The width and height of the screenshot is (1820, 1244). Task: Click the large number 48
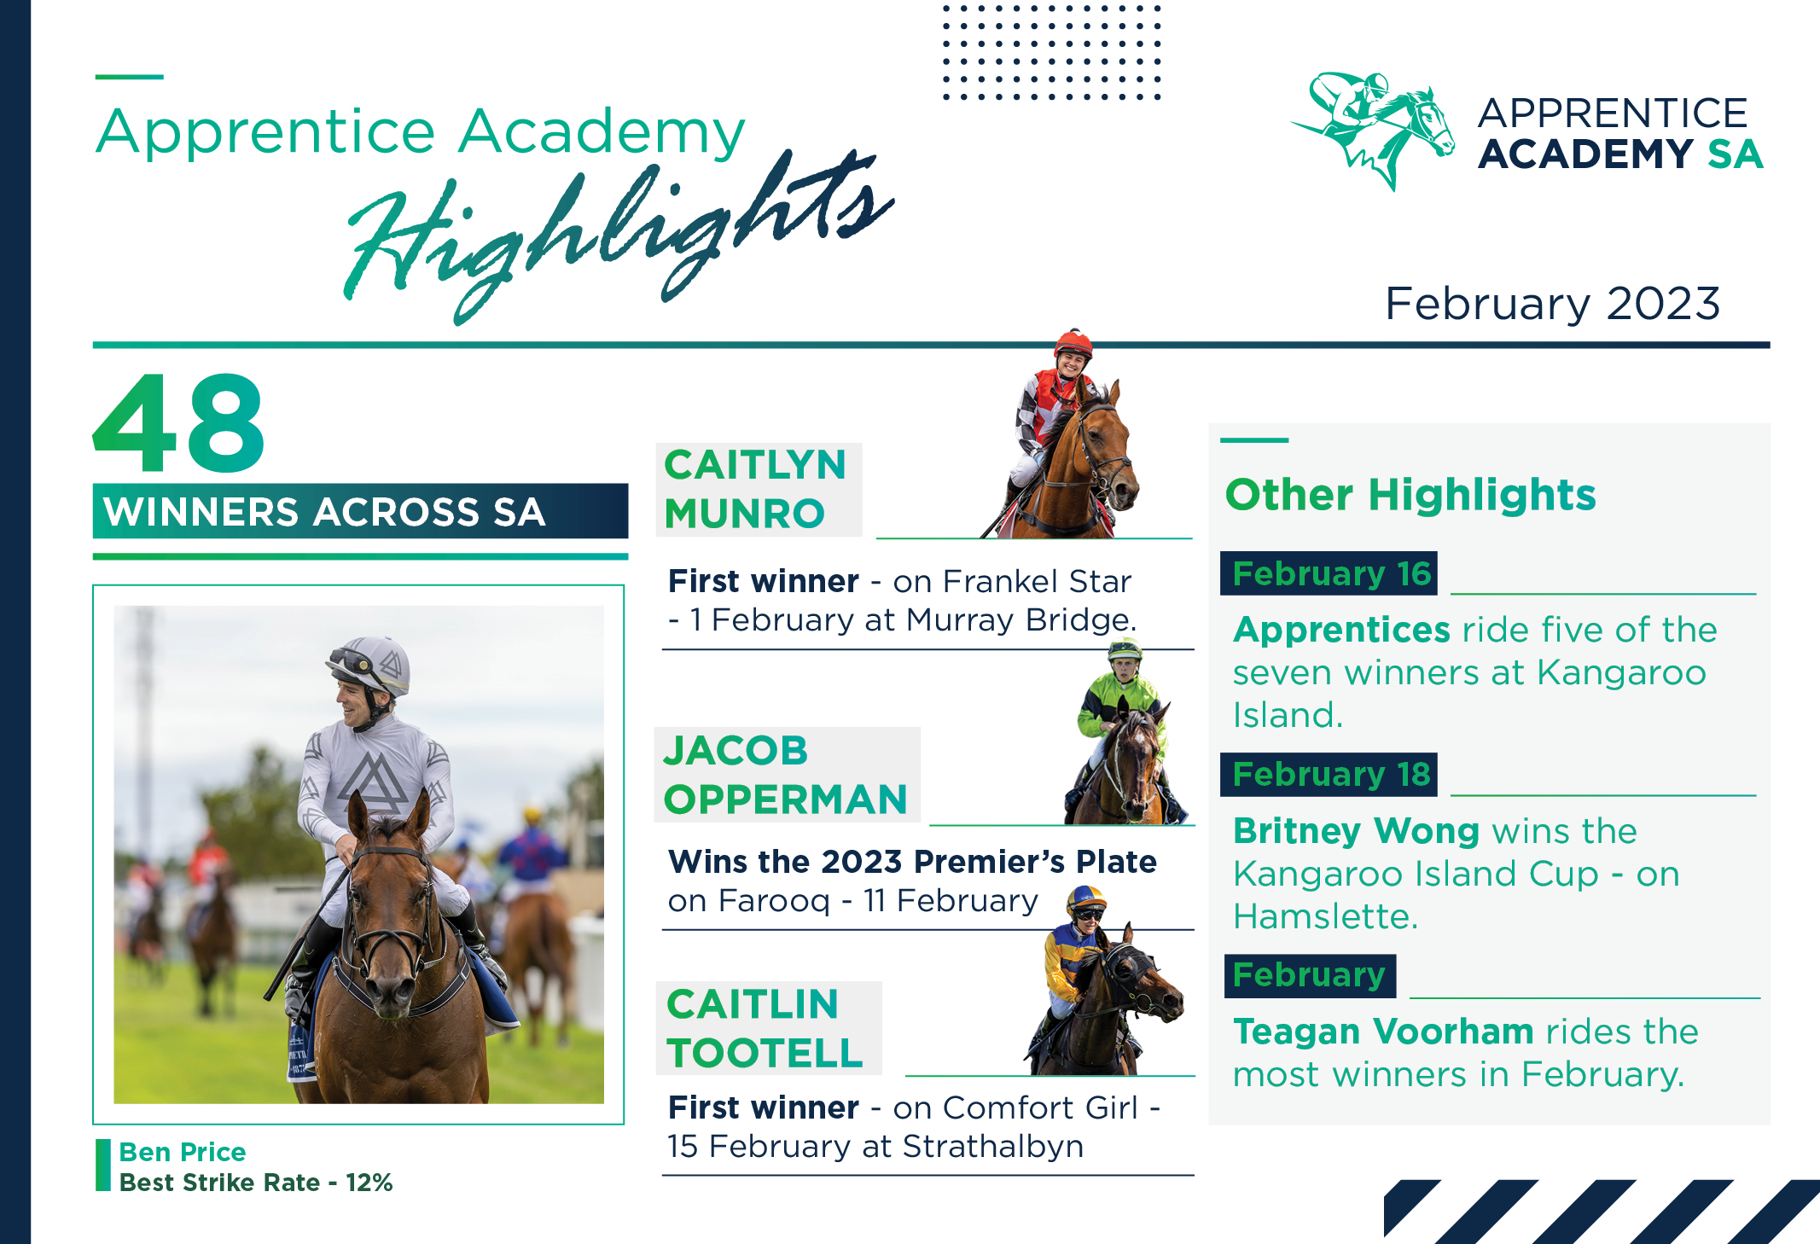pyautogui.click(x=179, y=424)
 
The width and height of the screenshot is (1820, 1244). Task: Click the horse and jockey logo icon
pyautogui.click(x=1374, y=128)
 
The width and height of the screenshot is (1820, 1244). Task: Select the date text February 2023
pyautogui.click(x=1551, y=304)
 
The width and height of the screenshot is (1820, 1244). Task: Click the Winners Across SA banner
pyautogui.click(x=359, y=512)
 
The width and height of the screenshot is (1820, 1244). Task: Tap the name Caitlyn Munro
pyautogui.click(x=755, y=489)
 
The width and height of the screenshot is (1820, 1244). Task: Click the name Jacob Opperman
pyautogui.click(x=785, y=775)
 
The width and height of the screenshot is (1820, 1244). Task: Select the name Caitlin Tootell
pyautogui.click(x=765, y=1028)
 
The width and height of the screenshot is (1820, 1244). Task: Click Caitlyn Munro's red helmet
pyautogui.click(x=1073, y=343)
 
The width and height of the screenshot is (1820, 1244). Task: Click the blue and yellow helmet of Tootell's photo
pyautogui.click(x=1085, y=898)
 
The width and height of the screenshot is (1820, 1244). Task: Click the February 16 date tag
pyautogui.click(x=1330, y=573)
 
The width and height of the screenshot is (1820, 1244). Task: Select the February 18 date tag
pyautogui.click(x=1330, y=774)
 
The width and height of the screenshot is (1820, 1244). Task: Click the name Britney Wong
pyautogui.click(x=1356, y=830)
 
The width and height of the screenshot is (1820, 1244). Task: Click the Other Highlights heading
pyautogui.click(x=1410, y=495)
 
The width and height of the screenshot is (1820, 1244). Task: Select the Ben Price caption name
pyautogui.click(x=183, y=1152)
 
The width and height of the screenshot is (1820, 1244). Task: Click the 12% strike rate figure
pyautogui.click(x=369, y=1183)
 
